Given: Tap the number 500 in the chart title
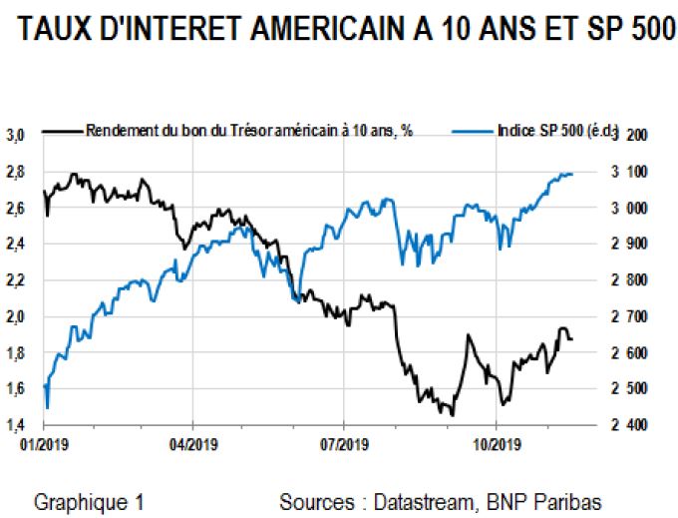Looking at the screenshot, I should click(x=635, y=30).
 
